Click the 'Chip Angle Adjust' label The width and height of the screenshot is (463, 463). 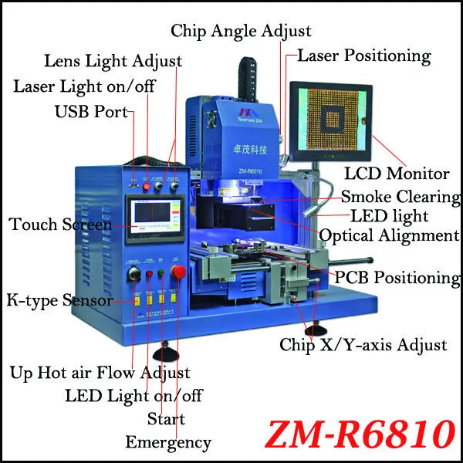pos(242,32)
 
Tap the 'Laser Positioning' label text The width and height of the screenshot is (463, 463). pos(363,56)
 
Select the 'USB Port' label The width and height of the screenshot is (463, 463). pos(91,112)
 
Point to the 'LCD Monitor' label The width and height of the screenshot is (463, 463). pos(397,174)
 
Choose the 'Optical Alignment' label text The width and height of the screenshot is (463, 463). pos(388,235)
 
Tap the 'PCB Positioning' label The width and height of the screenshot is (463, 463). pos(397,276)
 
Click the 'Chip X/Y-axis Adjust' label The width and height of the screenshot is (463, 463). pos(363,345)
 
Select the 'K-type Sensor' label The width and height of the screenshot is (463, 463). pos(59,299)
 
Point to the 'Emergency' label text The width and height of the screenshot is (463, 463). pos(168,442)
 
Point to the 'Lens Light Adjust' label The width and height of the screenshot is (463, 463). pos(113,60)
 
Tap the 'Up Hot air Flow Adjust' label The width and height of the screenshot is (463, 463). pos(100,373)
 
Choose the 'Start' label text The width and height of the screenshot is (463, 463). pos(166,419)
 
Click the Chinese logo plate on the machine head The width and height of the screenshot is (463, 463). pos(231,133)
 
